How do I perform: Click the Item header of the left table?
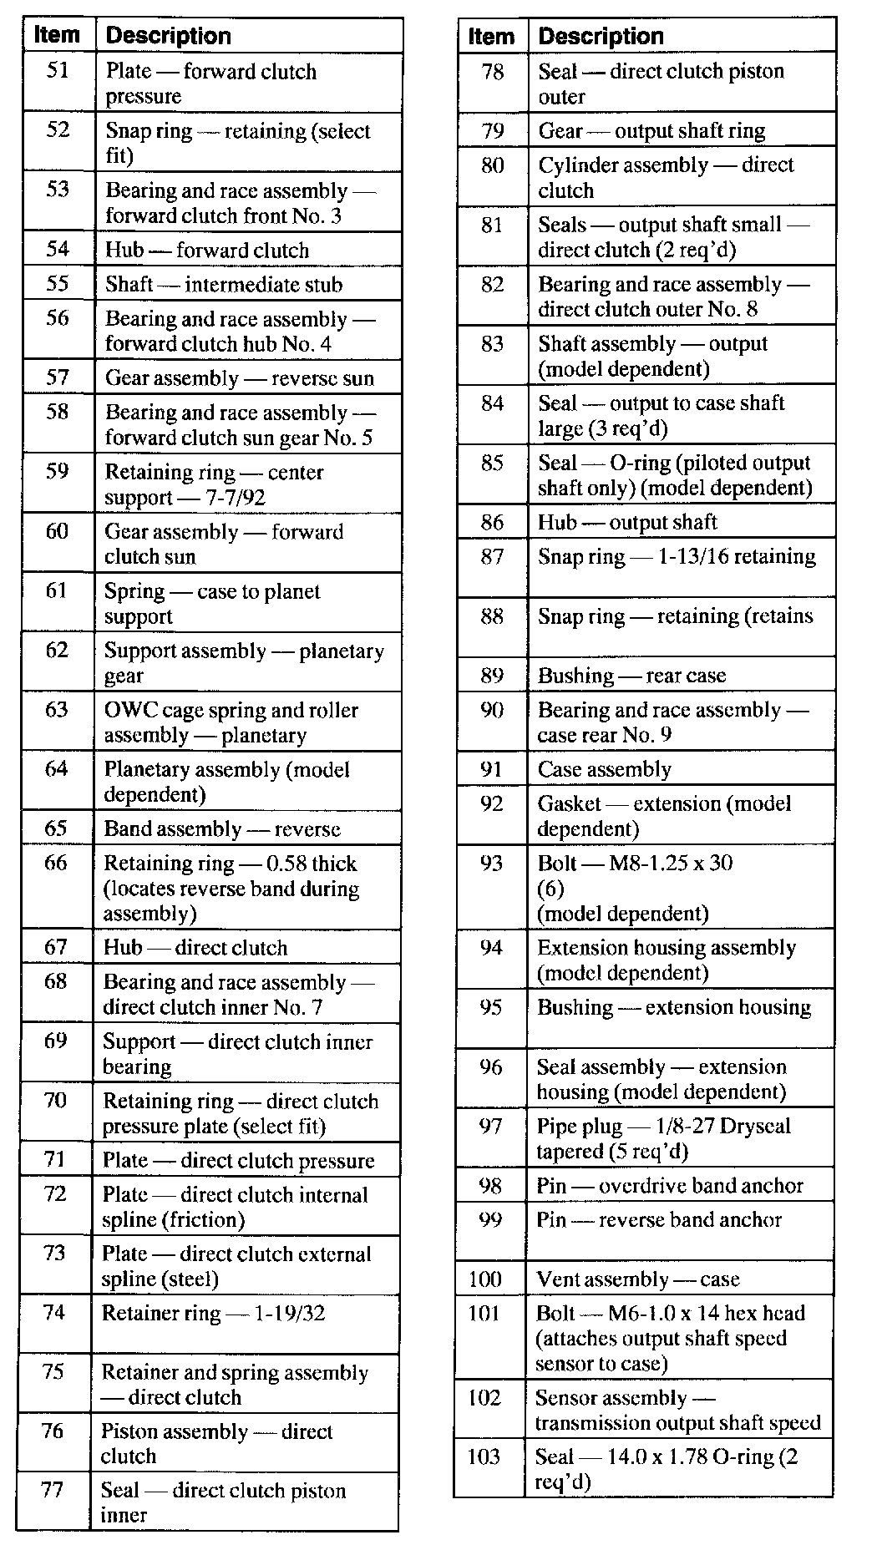[58, 35]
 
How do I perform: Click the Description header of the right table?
[601, 36]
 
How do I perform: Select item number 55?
[57, 284]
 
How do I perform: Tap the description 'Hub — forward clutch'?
[206, 250]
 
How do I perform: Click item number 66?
[56, 863]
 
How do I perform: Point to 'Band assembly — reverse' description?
[221, 829]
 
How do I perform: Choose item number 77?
[52, 1490]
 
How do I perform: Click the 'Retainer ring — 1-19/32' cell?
[213, 1314]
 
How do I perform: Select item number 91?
[492, 769]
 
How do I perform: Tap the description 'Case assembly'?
[604, 769]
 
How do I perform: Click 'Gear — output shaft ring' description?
[651, 131]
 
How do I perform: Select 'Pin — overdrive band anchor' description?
[669, 1186]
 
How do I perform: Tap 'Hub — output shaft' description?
[627, 523]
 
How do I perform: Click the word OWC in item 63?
[123, 711]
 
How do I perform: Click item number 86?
[492, 523]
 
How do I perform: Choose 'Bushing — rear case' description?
[631, 676]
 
